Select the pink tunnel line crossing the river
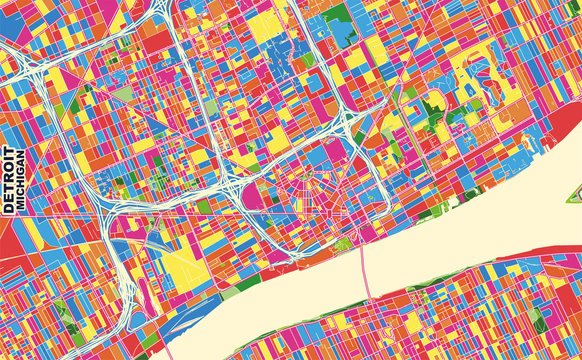coord(363,270)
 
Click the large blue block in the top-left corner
coord(20,20)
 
